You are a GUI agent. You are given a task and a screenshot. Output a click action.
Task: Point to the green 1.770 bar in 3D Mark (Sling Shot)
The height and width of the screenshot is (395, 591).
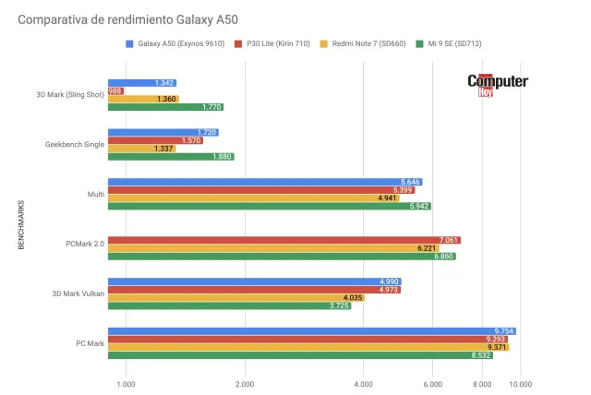click(x=165, y=107)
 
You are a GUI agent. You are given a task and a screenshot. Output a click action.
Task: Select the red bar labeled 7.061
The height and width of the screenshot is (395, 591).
click(x=283, y=240)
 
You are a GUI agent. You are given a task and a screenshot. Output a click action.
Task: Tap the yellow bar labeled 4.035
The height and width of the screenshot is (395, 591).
click(x=235, y=297)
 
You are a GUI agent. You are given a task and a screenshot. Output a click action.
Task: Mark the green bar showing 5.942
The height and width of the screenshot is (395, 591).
click(x=269, y=206)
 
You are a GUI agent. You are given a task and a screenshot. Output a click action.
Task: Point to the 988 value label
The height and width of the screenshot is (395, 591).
click(x=116, y=90)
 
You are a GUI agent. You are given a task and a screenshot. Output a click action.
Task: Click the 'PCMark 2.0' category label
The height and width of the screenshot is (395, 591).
click(x=84, y=245)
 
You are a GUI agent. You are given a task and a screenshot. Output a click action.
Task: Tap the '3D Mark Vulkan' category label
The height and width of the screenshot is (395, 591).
click(x=78, y=294)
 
